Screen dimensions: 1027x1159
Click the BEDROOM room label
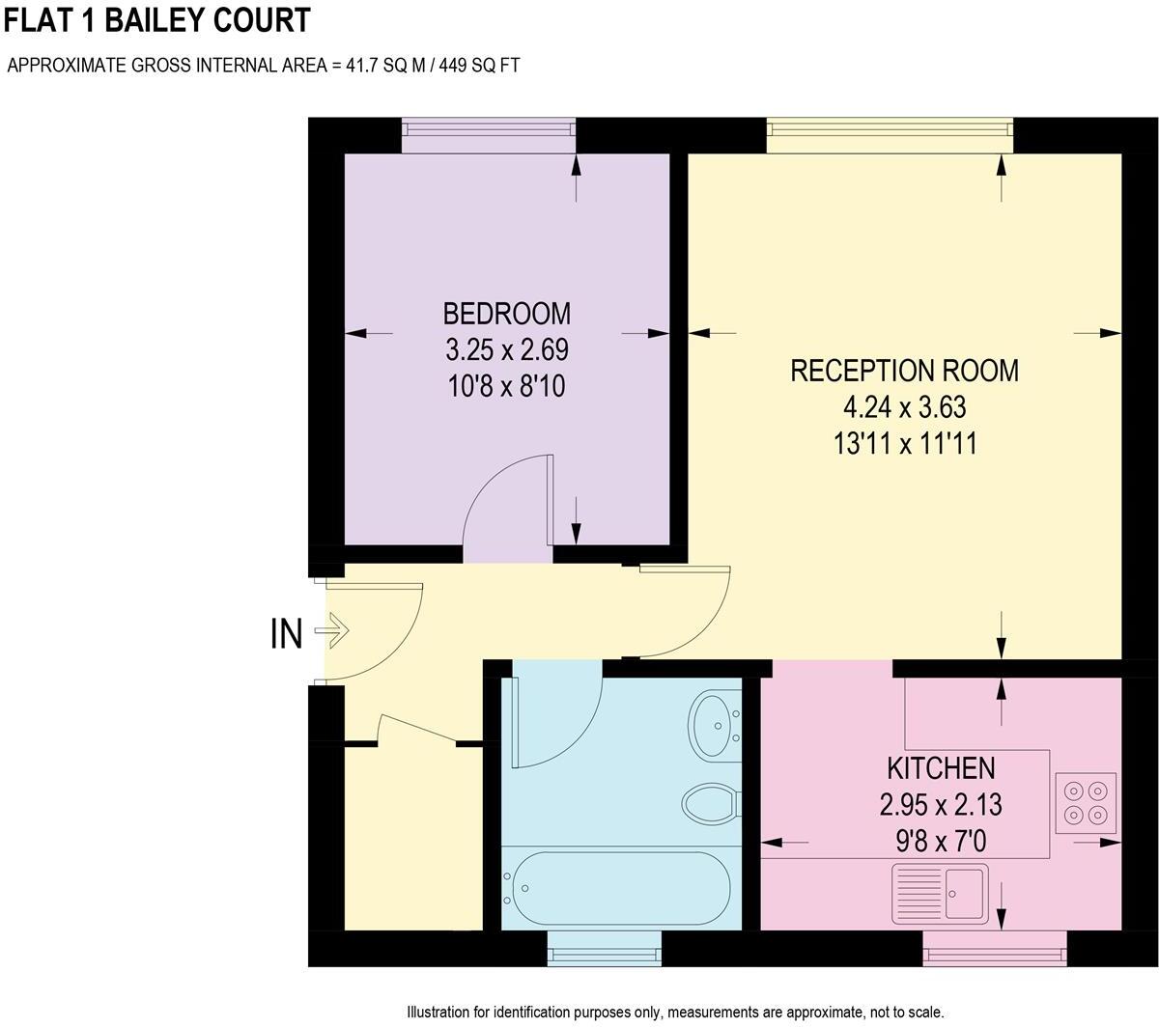coord(506,314)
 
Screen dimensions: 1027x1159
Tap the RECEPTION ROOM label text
coord(904,371)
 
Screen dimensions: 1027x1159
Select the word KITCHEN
coord(941,768)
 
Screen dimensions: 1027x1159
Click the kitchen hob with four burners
coord(1086,803)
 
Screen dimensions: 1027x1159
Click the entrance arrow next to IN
coord(331,633)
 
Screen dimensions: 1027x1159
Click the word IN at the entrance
coord(286,635)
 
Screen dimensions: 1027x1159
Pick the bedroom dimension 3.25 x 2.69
coord(506,349)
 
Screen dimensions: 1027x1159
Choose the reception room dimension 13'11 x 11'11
coord(904,444)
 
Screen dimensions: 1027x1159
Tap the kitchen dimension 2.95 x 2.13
coord(941,804)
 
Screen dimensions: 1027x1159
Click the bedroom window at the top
coord(489,135)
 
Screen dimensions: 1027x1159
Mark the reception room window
coord(890,135)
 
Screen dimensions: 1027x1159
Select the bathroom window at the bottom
coord(605,948)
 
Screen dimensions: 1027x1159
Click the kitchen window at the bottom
coord(995,948)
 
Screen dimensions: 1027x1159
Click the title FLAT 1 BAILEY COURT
coord(158,19)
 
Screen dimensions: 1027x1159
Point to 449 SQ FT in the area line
coord(480,66)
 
